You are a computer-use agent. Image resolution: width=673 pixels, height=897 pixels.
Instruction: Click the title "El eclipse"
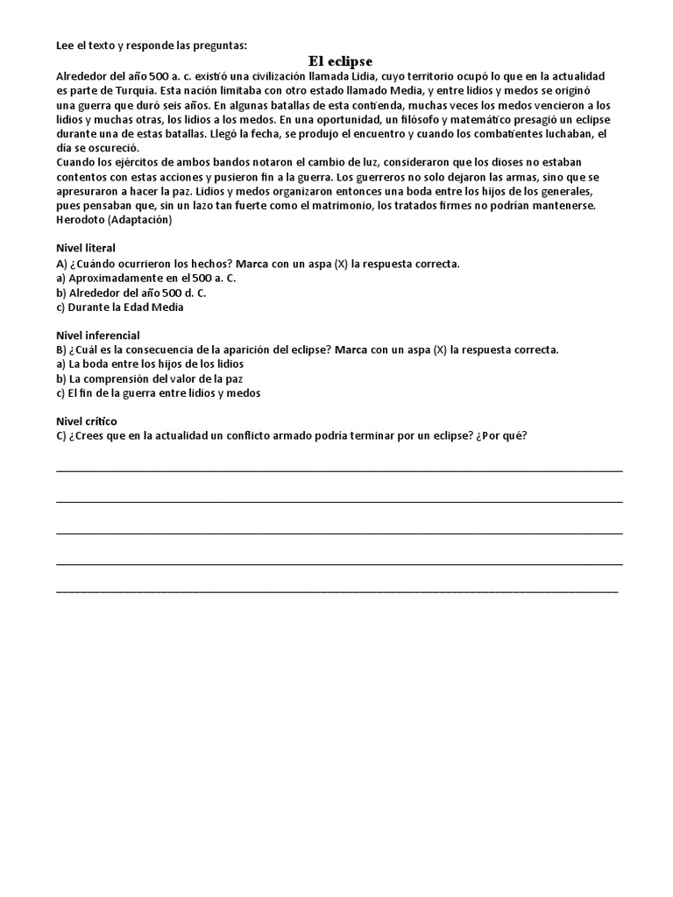(340, 61)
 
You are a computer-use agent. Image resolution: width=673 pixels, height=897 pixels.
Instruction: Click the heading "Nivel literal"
(86, 248)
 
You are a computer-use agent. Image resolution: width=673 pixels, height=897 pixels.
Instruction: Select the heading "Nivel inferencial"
(97, 335)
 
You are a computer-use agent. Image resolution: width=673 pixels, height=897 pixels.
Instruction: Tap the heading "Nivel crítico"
(86, 421)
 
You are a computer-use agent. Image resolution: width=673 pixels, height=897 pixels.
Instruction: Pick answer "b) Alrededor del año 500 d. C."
(131, 293)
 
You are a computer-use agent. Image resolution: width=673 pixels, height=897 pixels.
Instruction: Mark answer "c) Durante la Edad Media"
(120, 307)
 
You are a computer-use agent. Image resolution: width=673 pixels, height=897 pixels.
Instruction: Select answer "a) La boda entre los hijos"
(149, 364)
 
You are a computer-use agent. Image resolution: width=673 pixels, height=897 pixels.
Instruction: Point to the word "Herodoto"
(81, 220)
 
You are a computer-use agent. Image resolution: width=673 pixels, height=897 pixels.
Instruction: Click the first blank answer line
(339, 470)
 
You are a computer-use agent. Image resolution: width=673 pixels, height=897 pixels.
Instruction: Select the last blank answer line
(336, 591)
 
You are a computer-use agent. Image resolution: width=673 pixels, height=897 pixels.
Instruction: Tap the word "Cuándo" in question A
(96, 263)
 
